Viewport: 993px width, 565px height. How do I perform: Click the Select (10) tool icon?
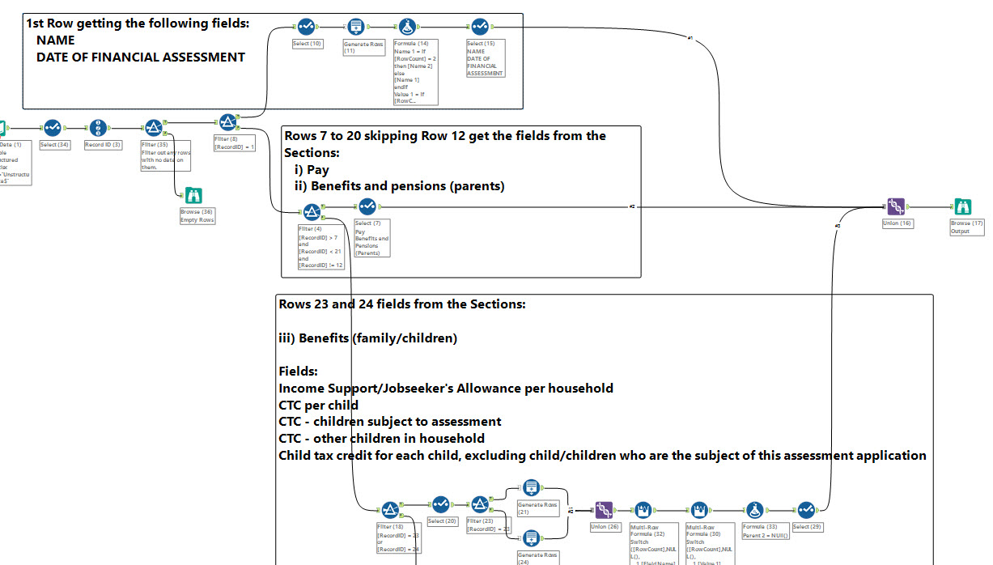pyautogui.click(x=306, y=27)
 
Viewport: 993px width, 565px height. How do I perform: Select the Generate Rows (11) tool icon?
pyautogui.click(x=355, y=27)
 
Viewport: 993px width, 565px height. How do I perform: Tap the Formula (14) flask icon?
pyautogui.click(x=407, y=27)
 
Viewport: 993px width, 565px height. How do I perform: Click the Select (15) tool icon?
pyautogui.click(x=479, y=27)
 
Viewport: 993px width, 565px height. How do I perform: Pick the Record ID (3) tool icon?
pyautogui.click(x=97, y=128)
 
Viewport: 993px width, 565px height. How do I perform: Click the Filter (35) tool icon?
pyautogui.click(x=153, y=128)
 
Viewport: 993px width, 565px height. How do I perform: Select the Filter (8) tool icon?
pyautogui.click(x=227, y=121)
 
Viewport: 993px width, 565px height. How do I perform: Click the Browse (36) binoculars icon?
pyautogui.click(x=193, y=195)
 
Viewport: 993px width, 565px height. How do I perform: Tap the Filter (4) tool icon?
pyautogui.click(x=312, y=212)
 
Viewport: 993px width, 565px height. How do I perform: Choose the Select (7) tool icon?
pyautogui.click(x=367, y=206)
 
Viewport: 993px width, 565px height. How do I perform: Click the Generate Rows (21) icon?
pyautogui.click(x=530, y=487)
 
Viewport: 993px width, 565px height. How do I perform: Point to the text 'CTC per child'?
pyautogui.click(x=319, y=405)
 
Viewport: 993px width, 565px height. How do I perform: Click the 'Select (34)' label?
pyautogui.click(x=54, y=145)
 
